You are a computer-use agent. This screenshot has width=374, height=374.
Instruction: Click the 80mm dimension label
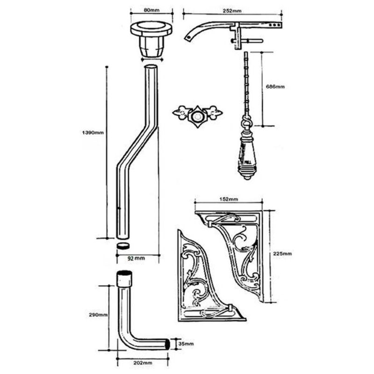click(151, 10)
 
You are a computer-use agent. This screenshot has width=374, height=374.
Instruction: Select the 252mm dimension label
click(232, 11)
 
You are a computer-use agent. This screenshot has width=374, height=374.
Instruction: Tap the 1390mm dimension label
click(93, 133)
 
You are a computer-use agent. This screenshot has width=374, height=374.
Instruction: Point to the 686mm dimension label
click(275, 86)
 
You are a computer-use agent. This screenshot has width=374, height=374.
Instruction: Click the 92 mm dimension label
click(136, 259)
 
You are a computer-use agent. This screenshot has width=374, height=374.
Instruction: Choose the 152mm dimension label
click(229, 199)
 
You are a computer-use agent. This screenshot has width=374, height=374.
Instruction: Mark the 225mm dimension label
click(282, 254)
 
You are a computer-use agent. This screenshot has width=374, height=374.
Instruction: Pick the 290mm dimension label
click(98, 315)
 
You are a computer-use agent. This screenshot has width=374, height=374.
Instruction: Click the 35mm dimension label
click(186, 344)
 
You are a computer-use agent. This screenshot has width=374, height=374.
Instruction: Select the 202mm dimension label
click(143, 363)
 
